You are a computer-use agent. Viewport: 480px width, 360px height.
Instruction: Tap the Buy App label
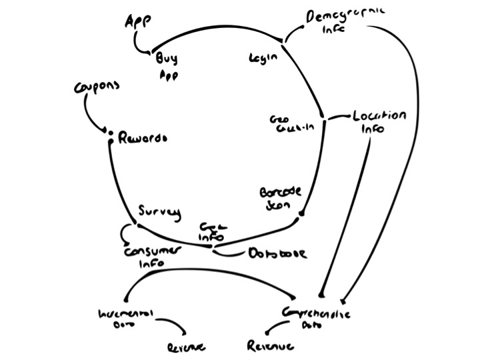pyautogui.click(x=167, y=65)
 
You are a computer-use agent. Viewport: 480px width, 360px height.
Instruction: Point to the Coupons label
pyautogui.click(x=97, y=88)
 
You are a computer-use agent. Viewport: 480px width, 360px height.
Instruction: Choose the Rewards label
pyautogui.click(x=142, y=139)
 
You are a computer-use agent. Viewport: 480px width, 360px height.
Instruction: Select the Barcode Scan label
pyautogui.click(x=280, y=199)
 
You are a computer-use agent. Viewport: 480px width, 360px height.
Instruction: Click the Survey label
pyautogui.click(x=159, y=212)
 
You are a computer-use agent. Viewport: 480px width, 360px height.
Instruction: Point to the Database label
pyautogui.click(x=277, y=253)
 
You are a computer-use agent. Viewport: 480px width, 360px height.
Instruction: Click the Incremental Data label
pyautogui.click(x=125, y=317)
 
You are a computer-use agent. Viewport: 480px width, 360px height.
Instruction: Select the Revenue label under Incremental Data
pyautogui.click(x=186, y=347)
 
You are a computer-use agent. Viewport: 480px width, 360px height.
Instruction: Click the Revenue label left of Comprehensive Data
pyautogui.click(x=270, y=347)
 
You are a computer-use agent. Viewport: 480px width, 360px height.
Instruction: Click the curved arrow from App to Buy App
pyautogui.click(x=139, y=43)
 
